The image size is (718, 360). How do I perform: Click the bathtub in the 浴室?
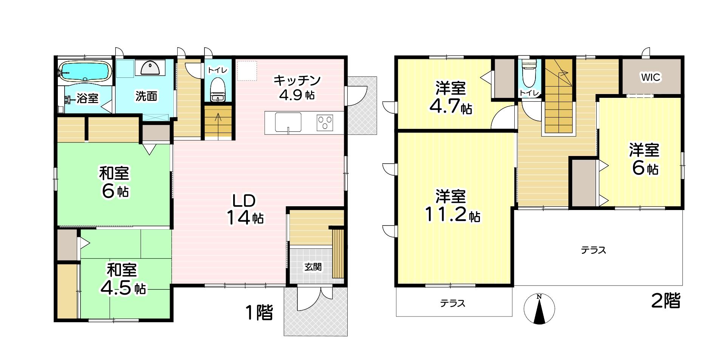tap(85, 71)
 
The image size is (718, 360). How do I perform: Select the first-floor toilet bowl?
tap(217, 89)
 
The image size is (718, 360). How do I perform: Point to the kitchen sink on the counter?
tap(288, 122)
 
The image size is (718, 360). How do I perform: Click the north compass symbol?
tap(539, 309)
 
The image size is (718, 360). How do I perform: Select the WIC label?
tap(650, 77)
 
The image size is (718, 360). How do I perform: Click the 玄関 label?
tap(313, 267)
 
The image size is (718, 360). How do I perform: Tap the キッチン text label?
tap(297, 80)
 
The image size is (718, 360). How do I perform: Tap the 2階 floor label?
tap(666, 301)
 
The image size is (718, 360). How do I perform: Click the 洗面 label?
tap(146, 96)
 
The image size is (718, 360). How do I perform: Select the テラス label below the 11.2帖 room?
tap(452, 303)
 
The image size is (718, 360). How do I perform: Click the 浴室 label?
tap(88, 99)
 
